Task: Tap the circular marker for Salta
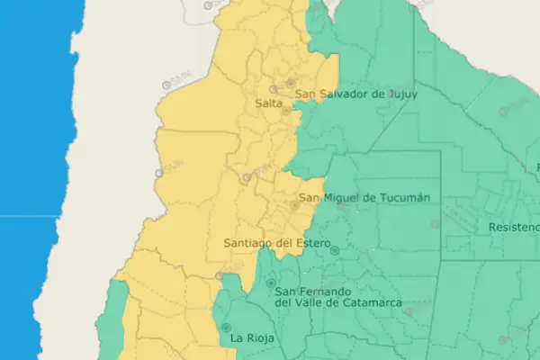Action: tap(285, 112)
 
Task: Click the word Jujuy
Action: tap(398, 94)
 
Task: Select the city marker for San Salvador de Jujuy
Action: tap(291, 83)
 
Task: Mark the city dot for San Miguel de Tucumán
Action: tap(294, 206)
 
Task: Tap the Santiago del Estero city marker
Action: tap(335, 250)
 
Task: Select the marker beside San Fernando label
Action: tap(270, 283)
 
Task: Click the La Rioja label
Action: tap(251, 338)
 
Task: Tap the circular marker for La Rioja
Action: tap(226, 328)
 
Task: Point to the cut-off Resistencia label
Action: tap(513, 228)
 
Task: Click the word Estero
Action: tap(310, 243)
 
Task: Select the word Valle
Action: tap(312, 304)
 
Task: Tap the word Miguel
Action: tap(346, 197)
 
